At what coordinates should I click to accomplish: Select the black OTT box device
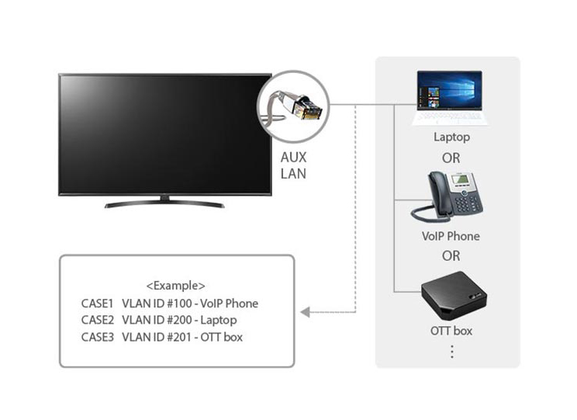coord(454,296)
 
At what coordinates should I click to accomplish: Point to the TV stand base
coord(164,203)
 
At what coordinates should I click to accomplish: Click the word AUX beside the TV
coord(293,158)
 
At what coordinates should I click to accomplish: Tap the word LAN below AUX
coord(293,174)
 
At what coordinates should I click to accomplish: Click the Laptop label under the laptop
coord(451,137)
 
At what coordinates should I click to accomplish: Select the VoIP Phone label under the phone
coord(451,236)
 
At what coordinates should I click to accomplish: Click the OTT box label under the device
coord(451,331)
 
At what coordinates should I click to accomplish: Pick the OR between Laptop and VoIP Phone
coord(451,158)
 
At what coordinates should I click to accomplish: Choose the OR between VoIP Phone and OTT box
coord(451,255)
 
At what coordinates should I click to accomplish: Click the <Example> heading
coord(175,286)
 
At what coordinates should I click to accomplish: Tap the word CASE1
coord(97,304)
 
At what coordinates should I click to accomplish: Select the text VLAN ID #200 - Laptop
coord(179,320)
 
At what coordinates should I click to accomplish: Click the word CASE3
coord(98,337)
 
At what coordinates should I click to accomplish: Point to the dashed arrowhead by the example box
coord(306,312)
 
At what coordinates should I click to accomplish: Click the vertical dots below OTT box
coord(452,352)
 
